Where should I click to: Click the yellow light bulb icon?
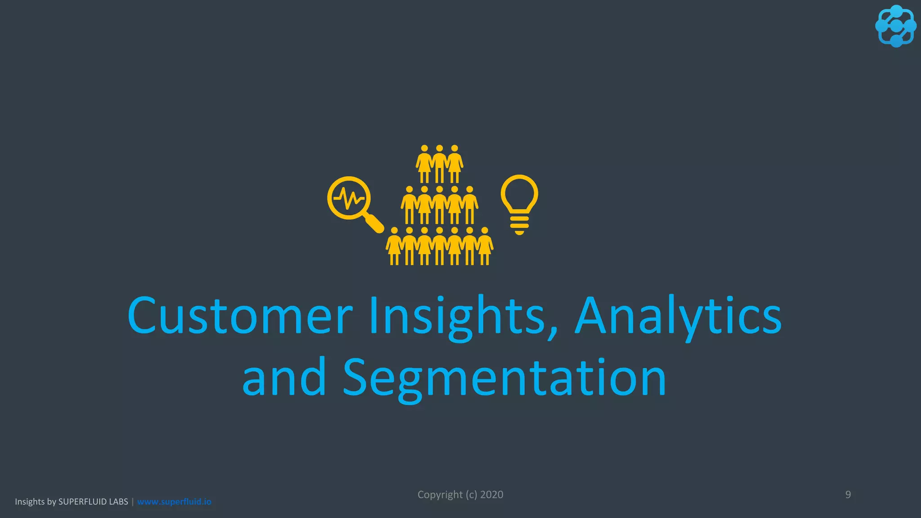click(519, 202)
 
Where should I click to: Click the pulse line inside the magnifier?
click(349, 198)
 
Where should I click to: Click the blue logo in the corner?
click(895, 26)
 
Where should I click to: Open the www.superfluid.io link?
click(174, 501)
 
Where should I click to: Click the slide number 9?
click(848, 495)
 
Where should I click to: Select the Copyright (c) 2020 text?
click(460, 495)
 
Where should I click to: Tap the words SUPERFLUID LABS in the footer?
click(93, 501)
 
